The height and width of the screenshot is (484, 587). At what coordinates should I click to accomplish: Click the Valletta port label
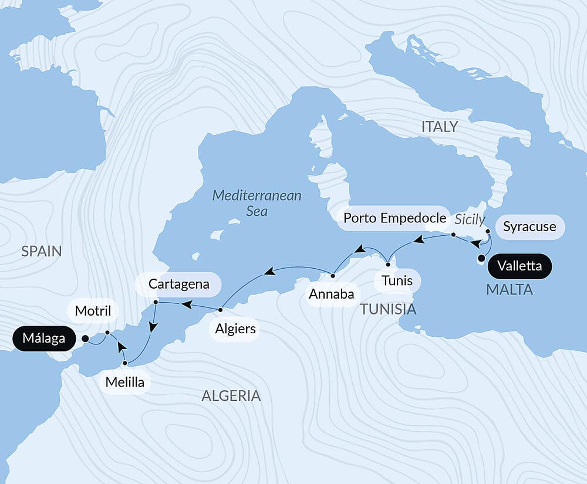(x=519, y=266)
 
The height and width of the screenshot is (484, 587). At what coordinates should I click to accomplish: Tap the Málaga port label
(x=44, y=339)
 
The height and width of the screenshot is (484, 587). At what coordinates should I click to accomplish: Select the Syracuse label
(x=529, y=227)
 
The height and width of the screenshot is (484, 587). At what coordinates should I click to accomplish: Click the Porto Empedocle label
(x=394, y=218)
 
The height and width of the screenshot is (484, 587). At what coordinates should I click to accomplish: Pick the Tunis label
(x=396, y=280)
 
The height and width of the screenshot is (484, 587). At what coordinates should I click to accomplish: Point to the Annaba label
(x=332, y=294)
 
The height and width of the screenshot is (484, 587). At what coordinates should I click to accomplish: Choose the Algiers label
(x=235, y=329)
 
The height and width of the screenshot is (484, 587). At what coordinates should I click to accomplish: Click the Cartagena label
(x=178, y=285)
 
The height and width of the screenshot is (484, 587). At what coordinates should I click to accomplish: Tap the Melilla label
(x=125, y=383)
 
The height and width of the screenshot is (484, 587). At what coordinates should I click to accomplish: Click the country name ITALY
(x=439, y=127)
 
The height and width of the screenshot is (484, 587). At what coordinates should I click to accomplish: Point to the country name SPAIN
(x=41, y=251)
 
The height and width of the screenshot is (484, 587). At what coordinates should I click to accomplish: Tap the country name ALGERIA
(x=231, y=395)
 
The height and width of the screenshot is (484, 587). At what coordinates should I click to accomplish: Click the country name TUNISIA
(x=388, y=309)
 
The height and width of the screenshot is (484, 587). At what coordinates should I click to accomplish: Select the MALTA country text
(x=509, y=289)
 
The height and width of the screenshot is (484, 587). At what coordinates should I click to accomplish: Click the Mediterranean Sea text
(x=257, y=203)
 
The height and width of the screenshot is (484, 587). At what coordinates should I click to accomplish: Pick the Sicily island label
(x=470, y=219)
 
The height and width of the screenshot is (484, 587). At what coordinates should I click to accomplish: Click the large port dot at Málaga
(x=85, y=339)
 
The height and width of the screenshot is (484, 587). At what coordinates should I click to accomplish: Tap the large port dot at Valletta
(x=481, y=258)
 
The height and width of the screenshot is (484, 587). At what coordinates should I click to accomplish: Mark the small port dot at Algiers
(x=220, y=309)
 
